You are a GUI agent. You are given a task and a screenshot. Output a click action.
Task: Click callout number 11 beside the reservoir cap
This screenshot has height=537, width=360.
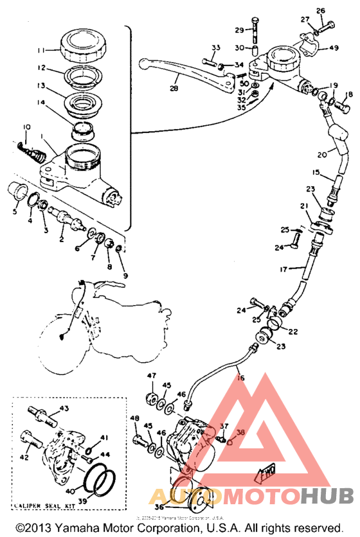(40, 50)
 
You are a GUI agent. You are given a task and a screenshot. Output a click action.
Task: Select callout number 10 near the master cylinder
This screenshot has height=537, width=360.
(27, 126)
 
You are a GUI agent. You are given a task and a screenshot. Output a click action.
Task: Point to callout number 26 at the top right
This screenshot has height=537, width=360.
(321, 10)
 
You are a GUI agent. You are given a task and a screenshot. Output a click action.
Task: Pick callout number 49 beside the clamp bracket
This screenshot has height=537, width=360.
(333, 48)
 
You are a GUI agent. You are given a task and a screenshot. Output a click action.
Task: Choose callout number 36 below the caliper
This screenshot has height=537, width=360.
(158, 506)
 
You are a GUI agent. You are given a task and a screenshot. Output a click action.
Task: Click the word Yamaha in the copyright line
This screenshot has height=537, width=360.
(84, 527)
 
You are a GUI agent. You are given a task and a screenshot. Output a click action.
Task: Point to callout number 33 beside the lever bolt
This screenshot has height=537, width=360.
(215, 48)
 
